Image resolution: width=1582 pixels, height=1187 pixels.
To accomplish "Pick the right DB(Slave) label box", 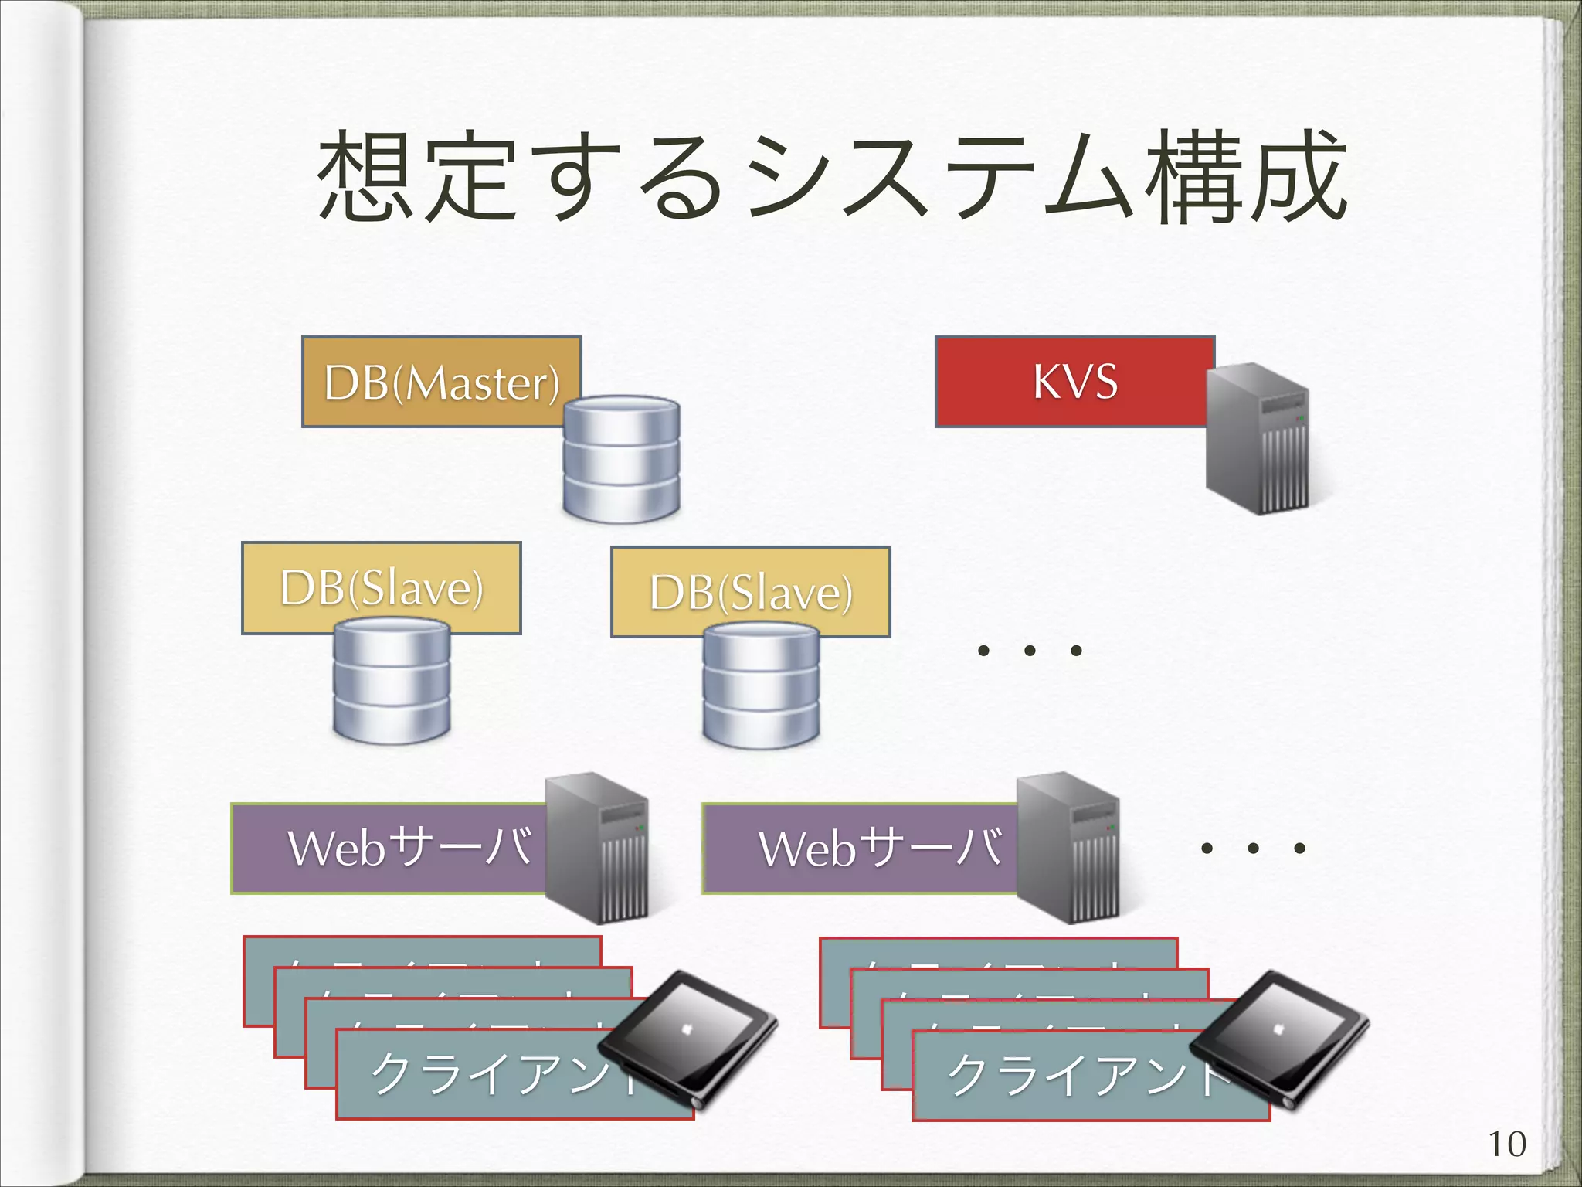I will (x=750, y=591).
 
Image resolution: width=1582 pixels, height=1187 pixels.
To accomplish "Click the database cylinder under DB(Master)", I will (x=621, y=458).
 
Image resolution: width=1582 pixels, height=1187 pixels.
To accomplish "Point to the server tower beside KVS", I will (x=1258, y=439).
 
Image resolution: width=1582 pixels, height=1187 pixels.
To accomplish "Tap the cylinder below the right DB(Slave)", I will (x=761, y=686).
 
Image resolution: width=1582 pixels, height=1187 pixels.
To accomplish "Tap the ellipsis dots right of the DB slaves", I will (x=1029, y=651).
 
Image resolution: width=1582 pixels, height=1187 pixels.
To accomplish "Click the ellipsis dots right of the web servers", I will (x=1253, y=849).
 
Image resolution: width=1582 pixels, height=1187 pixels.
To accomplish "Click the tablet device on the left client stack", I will (x=687, y=1036).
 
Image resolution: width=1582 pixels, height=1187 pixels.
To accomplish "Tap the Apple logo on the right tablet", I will (x=1277, y=1029).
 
